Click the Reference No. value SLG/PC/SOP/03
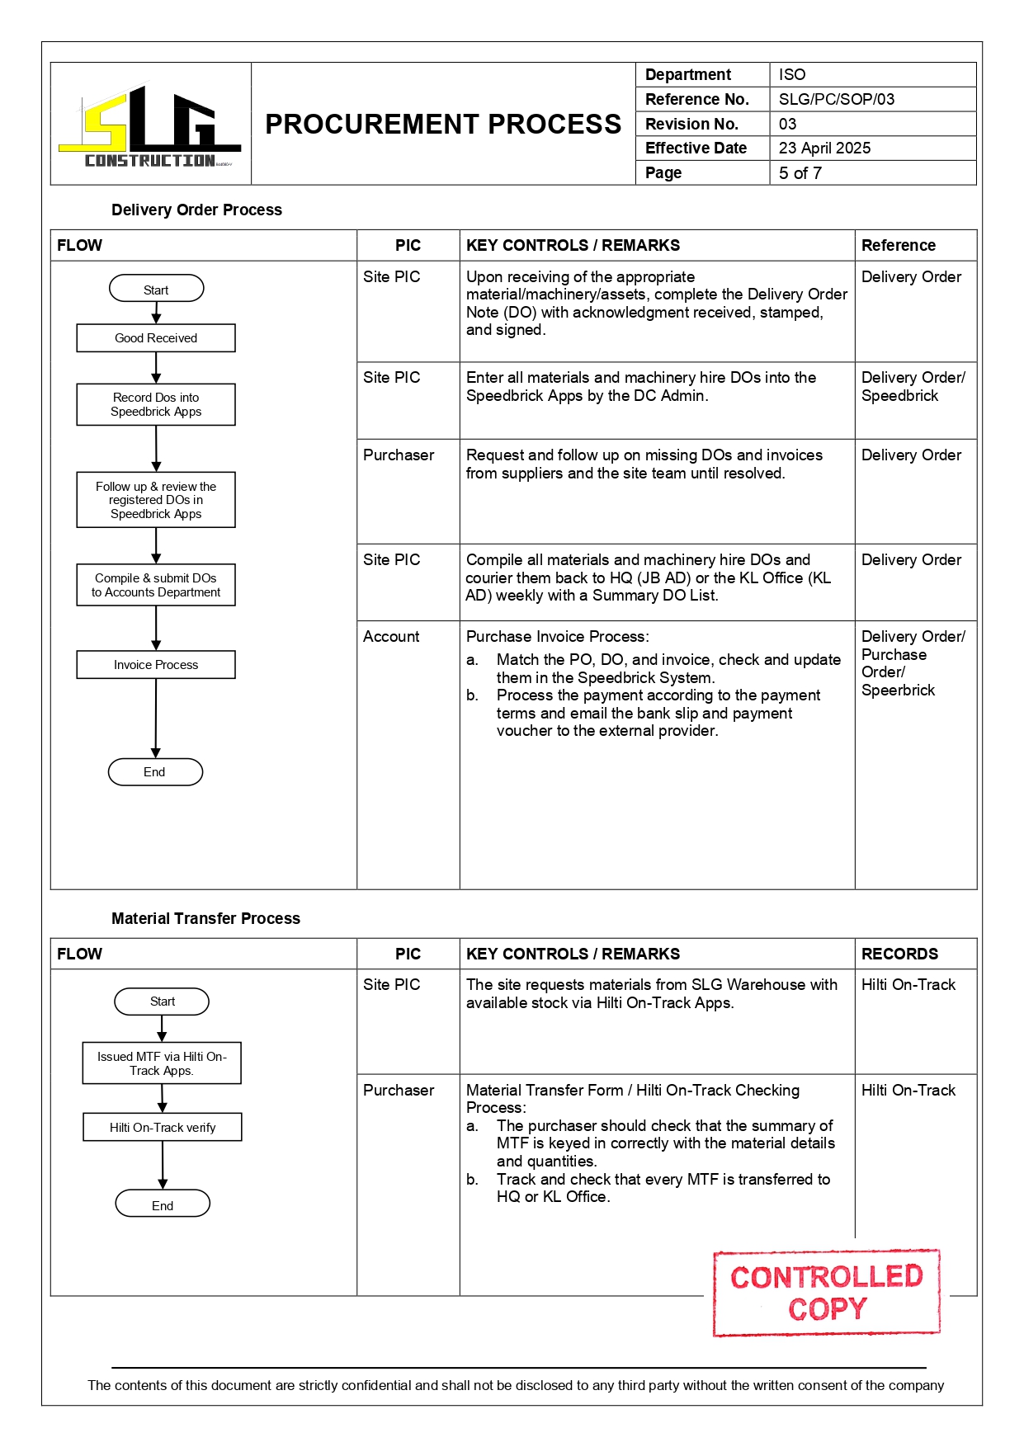coord(836,99)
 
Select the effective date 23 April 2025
coord(824,148)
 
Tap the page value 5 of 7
coord(800,172)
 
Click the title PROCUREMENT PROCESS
coord(443,124)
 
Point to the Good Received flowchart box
coord(156,338)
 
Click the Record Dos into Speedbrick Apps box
coord(156,404)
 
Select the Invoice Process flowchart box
coord(156,665)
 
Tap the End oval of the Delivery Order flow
coord(155,772)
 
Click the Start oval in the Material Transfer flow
coord(162,1002)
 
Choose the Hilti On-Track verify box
coord(163,1128)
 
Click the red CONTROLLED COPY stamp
coord(826,1293)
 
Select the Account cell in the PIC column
coord(391,637)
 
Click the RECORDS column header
coord(899,954)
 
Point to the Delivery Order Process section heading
coord(196,210)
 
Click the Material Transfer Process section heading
coord(205,918)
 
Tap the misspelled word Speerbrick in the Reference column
coord(898,691)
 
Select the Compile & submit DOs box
coord(156,585)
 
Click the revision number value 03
coord(787,124)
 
